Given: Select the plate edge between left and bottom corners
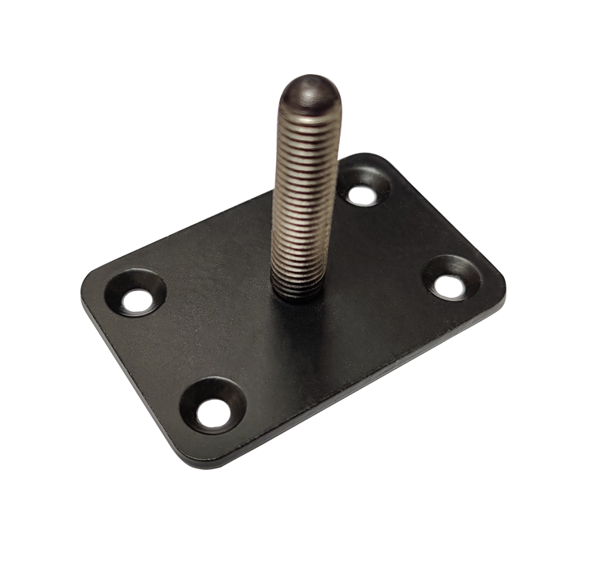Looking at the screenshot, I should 134,378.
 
